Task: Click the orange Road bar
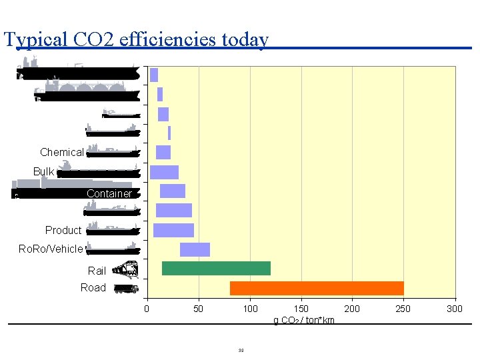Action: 317,288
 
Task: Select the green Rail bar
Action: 216,268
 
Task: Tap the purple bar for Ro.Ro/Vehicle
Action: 195,249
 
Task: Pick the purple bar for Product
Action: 173,230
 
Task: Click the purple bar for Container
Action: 173,191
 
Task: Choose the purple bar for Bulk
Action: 164,172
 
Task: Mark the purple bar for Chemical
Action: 163,152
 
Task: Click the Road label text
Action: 93,288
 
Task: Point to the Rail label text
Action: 97,271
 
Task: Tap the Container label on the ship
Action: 109,194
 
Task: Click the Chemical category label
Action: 62,153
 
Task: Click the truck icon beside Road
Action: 126,289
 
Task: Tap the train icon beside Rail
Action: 125,269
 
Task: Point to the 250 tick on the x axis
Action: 403,309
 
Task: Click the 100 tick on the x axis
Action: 250,309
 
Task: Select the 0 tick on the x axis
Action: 147,309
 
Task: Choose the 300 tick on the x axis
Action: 455,309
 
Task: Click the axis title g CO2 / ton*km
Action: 304,321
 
